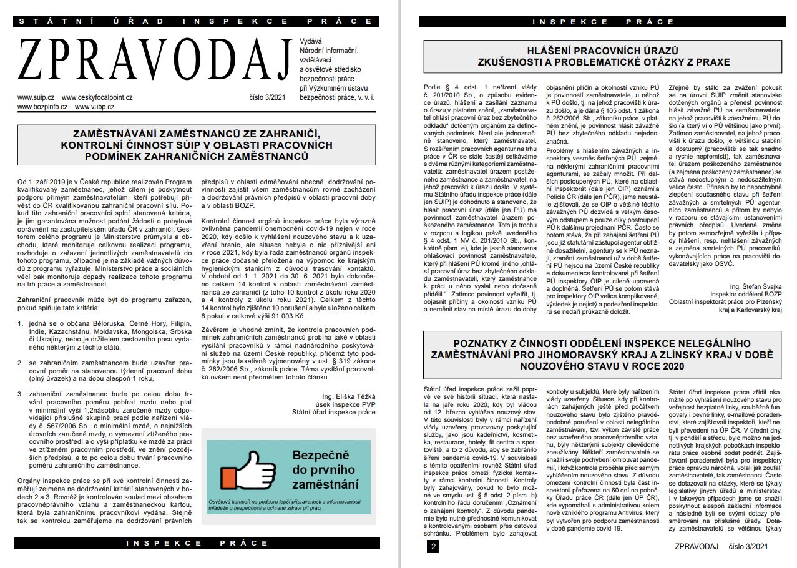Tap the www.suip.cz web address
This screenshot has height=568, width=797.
[x=36, y=97]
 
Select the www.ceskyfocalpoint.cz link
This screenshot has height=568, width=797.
[x=97, y=97]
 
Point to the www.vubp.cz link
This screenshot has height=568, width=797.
[x=94, y=107]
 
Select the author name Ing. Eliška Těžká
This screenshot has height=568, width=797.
[x=349, y=396]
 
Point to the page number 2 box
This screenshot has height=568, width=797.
[x=433, y=547]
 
